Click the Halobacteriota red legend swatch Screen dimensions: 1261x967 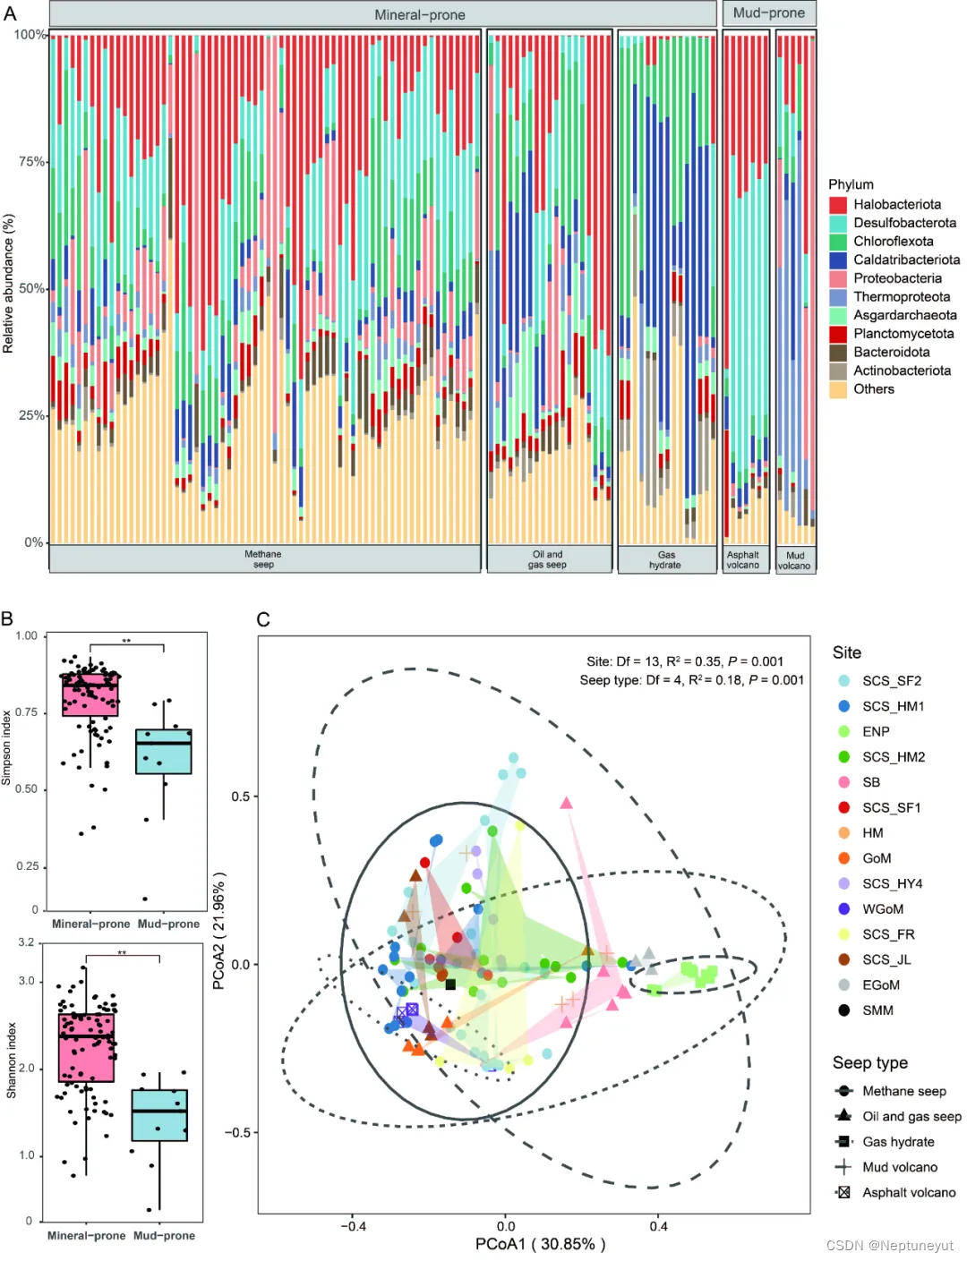pos(838,205)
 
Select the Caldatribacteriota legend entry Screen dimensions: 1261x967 pos(906,260)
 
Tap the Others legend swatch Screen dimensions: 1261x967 pos(838,389)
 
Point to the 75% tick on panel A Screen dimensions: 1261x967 pos(32,162)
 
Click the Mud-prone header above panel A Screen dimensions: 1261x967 pos(769,13)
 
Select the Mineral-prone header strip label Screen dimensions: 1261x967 pos(419,15)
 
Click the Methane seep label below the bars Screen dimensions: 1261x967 pos(263,559)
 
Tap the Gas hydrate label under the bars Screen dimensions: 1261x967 pos(665,560)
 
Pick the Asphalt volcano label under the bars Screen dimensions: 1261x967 pos(743,560)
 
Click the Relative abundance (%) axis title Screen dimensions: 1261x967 pos(9,284)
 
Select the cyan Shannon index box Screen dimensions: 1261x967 pos(159,1115)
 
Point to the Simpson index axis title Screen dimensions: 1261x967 pos(7,748)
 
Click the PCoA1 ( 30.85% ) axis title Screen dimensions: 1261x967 pos(540,1244)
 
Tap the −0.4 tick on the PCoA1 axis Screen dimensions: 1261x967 pos(353,1226)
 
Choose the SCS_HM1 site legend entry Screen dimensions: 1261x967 pos(893,706)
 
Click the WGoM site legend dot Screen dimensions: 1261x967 pos(844,909)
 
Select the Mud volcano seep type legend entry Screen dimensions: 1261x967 pos(899,1167)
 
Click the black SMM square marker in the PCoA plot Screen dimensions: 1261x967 pos(450,984)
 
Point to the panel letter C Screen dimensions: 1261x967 pos(263,619)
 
